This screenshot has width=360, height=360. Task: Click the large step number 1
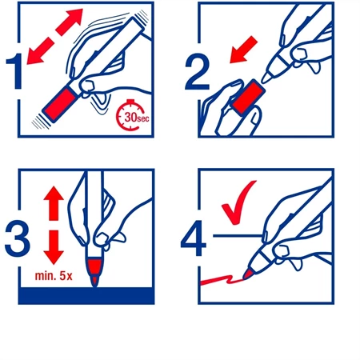coord(14,71)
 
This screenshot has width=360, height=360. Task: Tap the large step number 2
coord(198,72)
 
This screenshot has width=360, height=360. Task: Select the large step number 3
coord(17,238)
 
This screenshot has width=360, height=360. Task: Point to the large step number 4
coord(194,238)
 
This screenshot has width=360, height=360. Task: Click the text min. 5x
coord(54,276)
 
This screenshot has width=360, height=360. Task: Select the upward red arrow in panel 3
coord(54,203)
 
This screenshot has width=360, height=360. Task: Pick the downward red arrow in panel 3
coord(54,247)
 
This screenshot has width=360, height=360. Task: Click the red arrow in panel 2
coord(243,50)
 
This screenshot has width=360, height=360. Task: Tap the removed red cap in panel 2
coord(249,98)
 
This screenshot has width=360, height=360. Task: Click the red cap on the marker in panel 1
coord(59,104)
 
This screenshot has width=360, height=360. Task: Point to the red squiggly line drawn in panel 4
coord(222,280)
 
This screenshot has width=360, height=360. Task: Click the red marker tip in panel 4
coord(248,274)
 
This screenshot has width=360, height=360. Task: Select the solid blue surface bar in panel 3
coord(86,296)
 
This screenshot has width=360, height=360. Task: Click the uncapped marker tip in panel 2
coord(266,77)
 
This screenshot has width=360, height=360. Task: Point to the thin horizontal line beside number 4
coord(238,235)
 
